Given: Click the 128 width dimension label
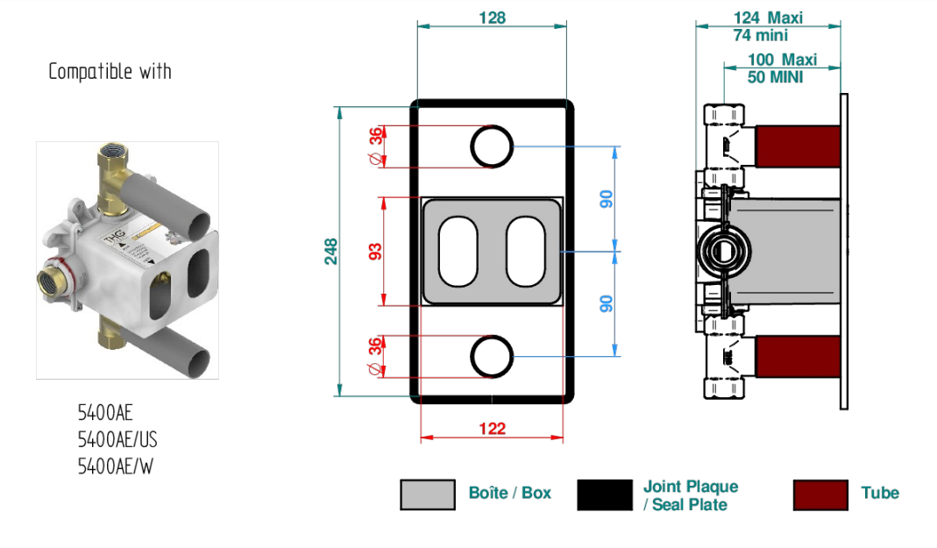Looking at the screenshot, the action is (x=492, y=18).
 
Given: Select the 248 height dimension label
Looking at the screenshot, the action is (x=331, y=252).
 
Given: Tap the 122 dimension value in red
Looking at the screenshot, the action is (x=492, y=429).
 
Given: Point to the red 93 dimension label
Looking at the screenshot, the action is (x=374, y=252).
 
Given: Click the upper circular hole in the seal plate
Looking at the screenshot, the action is (x=491, y=146).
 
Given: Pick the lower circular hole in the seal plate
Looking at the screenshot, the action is (x=491, y=356).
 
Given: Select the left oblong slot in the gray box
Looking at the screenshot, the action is (x=458, y=252).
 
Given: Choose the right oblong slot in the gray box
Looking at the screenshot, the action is (x=526, y=252).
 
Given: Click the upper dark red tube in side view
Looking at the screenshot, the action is (x=798, y=146).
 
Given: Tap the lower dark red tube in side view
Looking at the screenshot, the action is (x=798, y=356).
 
